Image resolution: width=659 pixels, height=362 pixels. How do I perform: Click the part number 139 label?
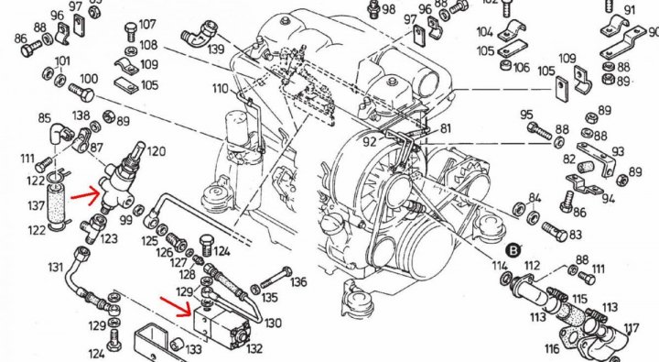pos(216,49)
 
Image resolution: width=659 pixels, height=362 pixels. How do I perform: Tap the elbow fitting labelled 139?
pos(199,34)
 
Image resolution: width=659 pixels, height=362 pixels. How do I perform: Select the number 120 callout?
pos(156,151)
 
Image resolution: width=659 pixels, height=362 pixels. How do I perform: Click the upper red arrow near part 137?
pos(86,194)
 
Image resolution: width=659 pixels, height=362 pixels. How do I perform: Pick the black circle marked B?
pos(513,251)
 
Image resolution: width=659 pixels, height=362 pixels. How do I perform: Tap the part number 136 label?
pos(298,281)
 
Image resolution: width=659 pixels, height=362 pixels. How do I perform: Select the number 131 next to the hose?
pos(56,268)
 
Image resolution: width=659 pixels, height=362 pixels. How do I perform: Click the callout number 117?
pos(631,328)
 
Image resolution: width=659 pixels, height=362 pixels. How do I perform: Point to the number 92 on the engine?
pos(370,142)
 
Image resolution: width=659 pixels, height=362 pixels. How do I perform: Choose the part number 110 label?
pos(221,89)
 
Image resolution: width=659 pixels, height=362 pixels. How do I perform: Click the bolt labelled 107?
pos(130,32)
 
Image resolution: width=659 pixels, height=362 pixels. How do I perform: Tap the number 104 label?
pos(484,31)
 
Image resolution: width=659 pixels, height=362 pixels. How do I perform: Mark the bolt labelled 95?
pos(539,130)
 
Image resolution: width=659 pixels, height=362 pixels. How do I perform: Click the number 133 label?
pos(194,349)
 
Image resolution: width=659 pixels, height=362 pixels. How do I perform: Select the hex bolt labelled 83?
pos(555,232)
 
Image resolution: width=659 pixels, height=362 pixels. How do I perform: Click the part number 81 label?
pos(445,128)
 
